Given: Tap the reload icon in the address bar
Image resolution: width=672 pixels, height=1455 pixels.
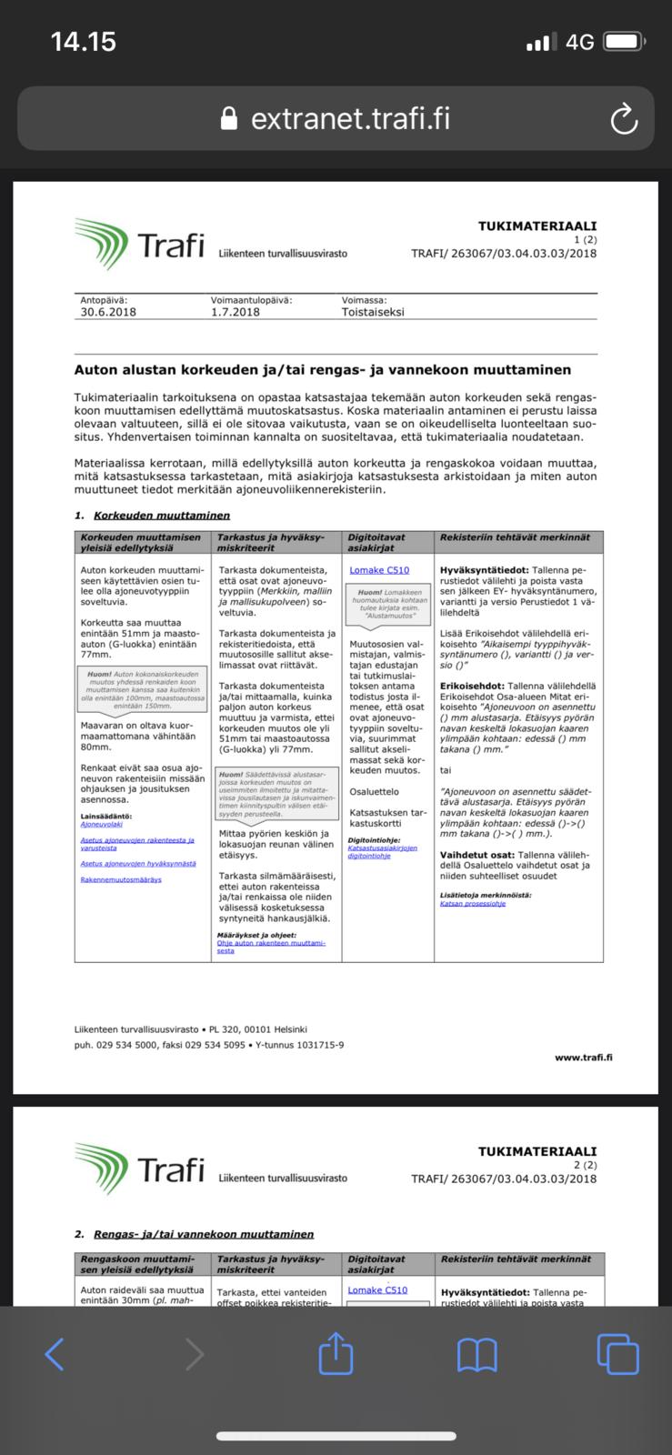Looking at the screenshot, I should coord(624,119).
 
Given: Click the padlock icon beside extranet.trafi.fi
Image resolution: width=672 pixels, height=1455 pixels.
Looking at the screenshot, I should coord(230,119).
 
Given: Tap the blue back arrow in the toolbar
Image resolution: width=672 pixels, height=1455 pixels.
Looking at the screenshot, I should coord(55,1353).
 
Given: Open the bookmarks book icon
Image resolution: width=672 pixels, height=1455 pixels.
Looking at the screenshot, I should coord(476,1353).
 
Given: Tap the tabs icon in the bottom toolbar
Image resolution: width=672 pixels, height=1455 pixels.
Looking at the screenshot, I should coord(617,1353).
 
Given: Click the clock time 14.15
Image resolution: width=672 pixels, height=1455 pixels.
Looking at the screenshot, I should coord(84,42).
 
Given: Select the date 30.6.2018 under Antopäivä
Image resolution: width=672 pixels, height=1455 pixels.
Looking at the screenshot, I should coord(108,312).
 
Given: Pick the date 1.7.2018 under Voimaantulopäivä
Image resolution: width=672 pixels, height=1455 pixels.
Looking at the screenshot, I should coord(235,312).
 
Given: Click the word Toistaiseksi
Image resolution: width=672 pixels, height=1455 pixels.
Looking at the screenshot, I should coord(373,312).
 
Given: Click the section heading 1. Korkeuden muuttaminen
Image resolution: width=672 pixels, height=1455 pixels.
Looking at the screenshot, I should coord(153,516).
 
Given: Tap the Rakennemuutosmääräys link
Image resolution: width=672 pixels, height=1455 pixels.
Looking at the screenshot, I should coord(121,879).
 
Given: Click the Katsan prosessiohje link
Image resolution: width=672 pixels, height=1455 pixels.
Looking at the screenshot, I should coord(472,903).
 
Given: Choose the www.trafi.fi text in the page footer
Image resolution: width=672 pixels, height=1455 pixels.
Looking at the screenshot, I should coord(583,1058).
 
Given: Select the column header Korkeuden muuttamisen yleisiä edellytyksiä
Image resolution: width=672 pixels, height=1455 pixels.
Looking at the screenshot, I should coord(141,542).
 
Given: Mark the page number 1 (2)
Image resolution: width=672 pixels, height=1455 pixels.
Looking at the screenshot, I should coord(584,239).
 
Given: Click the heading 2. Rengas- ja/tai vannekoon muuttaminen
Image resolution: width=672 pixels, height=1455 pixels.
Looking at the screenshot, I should coord(195,1234).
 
